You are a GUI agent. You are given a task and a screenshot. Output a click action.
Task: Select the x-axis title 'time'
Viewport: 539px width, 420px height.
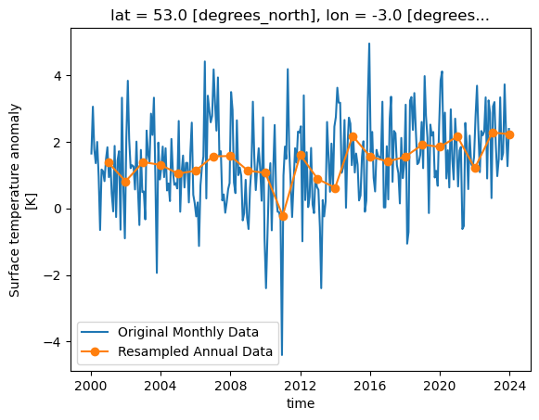pyautogui.click(x=301, y=403)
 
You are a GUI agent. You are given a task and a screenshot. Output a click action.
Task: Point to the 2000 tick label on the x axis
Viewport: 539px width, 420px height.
pyautogui.click(x=91, y=384)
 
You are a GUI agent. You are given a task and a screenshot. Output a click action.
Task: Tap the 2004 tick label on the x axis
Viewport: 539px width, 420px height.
pyautogui.click(x=160, y=384)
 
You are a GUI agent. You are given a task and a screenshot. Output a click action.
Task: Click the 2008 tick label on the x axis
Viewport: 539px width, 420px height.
pyautogui.click(x=230, y=384)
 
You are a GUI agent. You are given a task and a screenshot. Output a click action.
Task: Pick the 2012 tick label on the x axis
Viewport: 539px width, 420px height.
pyautogui.click(x=301, y=384)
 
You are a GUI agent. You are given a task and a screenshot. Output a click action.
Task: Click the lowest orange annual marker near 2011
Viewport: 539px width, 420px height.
pyautogui.click(x=283, y=216)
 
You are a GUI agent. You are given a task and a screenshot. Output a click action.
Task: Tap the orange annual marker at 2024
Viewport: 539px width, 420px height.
pyautogui.click(x=509, y=134)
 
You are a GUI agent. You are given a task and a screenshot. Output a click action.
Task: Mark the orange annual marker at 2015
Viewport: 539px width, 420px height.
pyautogui.click(x=353, y=136)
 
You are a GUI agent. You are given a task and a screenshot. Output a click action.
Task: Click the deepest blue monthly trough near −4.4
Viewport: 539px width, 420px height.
pyautogui.click(x=282, y=355)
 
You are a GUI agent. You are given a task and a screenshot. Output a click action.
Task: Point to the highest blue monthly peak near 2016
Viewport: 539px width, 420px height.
pyautogui.click(x=368, y=44)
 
